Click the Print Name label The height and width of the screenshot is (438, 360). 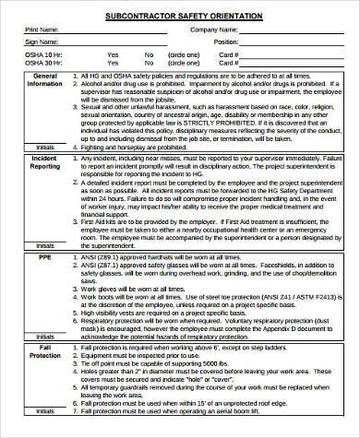point(41,30)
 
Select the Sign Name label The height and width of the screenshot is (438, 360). point(40,42)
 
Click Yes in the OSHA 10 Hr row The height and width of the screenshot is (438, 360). point(113,54)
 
